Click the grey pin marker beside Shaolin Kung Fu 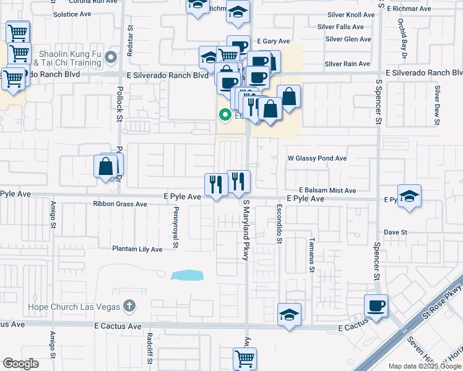[111, 58]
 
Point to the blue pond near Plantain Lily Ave [188, 275]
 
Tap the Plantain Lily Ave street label [137, 249]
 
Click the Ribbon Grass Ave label [119, 204]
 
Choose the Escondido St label [279, 224]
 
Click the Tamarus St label [312, 255]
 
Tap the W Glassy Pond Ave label [317, 158]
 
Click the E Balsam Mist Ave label [327, 190]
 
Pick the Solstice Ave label [71, 14]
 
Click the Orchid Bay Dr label [402, 38]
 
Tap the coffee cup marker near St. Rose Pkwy [376, 305]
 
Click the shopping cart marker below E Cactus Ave [244, 358]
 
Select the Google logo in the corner [20, 364]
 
